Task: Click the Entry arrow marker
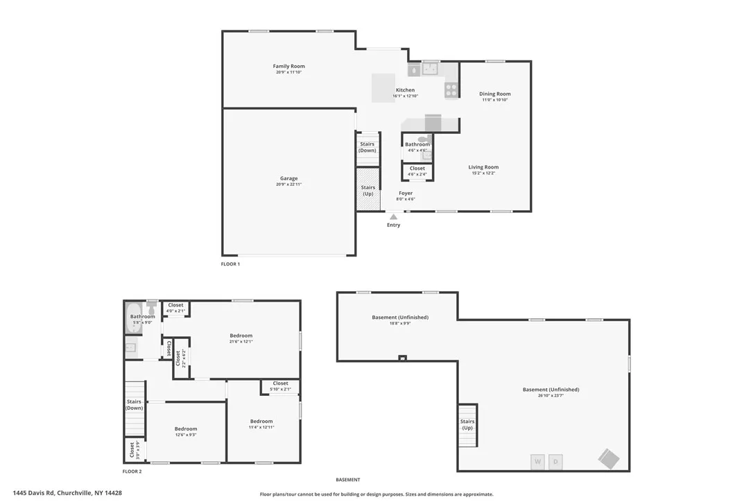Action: (x=394, y=216)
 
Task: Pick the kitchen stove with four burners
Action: (x=451, y=90)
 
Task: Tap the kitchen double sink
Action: (x=431, y=68)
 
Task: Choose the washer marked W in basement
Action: (x=537, y=461)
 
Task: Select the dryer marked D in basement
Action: (x=555, y=461)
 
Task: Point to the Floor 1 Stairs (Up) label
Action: (x=367, y=190)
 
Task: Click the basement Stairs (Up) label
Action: (x=467, y=424)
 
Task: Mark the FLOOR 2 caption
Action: (x=132, y=471)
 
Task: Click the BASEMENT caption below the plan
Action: (x=348, y=480)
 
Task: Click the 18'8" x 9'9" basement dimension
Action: (x=400, y=323)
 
